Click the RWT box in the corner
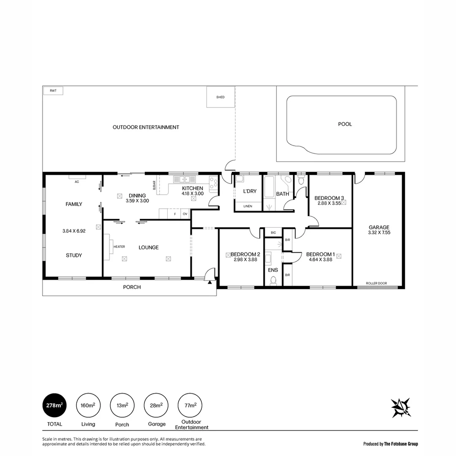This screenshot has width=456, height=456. pos(53,90)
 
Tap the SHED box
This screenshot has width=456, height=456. pos(220,97)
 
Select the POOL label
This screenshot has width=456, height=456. pos(345,124)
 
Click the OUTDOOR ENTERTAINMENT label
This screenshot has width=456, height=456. pos(146,127)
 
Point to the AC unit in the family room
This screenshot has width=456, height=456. pos(76,182)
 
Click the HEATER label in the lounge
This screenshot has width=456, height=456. pos(119,247)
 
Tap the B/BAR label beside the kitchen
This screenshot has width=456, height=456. pos(155,185)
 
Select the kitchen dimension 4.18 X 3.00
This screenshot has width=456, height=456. pos(193,193)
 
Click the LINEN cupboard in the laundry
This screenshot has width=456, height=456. pos(248,206)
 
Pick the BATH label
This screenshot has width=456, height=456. pos(282,194)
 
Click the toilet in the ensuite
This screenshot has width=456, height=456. pos(273,280)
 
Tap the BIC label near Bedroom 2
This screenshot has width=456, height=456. pos(273,233)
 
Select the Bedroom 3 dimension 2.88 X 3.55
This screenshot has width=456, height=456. pos(329,203)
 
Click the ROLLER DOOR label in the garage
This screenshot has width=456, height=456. pos(376,283)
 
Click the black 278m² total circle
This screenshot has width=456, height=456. pos(54,405)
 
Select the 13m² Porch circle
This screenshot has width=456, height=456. pos(122,405)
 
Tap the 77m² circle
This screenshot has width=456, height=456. pos(190,405)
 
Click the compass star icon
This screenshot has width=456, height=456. pos(401,408)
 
